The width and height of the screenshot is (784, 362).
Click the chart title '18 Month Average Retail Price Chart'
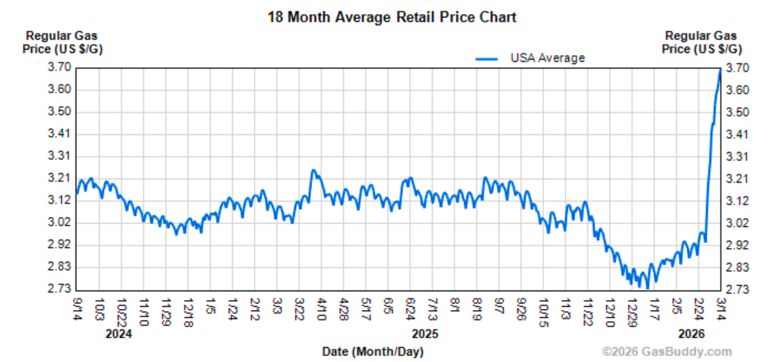coord(392,17)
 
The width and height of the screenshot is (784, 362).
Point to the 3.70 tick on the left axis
coord(59,67)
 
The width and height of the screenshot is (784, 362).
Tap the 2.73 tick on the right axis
coord(737,289)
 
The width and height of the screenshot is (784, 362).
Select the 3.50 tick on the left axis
coord(59,112)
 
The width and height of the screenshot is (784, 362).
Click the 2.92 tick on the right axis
coord(737,245)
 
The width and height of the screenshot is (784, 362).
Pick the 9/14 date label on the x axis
coord(77,309)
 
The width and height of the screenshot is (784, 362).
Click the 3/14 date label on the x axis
coord(721,309)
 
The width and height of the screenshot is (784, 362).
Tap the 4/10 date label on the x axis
coord(322,309)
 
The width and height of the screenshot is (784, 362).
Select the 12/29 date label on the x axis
coord(632,312)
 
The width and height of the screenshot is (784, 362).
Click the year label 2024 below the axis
coord(118,334)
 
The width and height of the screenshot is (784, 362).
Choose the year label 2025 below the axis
coord(425,334)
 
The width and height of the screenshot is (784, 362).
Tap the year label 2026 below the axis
coord(691,334)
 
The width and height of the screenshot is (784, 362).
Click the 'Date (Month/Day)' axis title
coord(373,351)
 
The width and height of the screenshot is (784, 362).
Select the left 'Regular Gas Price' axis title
coord(62,42)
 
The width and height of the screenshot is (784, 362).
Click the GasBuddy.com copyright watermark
coord(666,351)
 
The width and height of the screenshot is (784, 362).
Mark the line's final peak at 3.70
coord(720,70)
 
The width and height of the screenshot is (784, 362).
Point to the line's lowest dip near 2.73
coord(647,288)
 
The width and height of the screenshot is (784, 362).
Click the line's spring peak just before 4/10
coord(313,170)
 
